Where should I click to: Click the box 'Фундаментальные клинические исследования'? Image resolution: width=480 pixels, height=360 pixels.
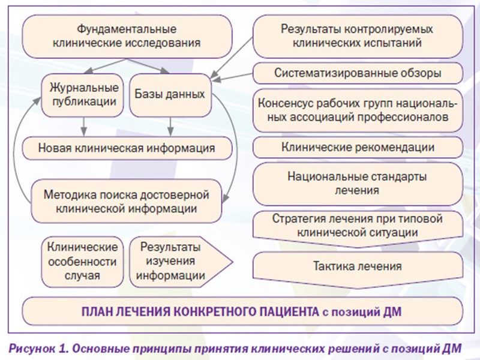coord(127,35)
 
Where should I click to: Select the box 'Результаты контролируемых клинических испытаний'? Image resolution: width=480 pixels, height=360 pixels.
coord(357,35)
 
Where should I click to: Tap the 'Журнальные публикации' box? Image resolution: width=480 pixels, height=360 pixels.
coord(83,94)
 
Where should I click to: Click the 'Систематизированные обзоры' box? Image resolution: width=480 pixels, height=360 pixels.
coord(358,74)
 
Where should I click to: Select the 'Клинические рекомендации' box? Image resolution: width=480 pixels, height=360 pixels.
coord(357,147)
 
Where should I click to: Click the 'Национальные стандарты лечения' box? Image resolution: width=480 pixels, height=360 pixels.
coord(357,184)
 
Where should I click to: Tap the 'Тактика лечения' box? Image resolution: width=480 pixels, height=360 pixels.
coord(357,265)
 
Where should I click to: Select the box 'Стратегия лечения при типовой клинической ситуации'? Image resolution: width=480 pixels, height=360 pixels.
coord(357,224)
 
